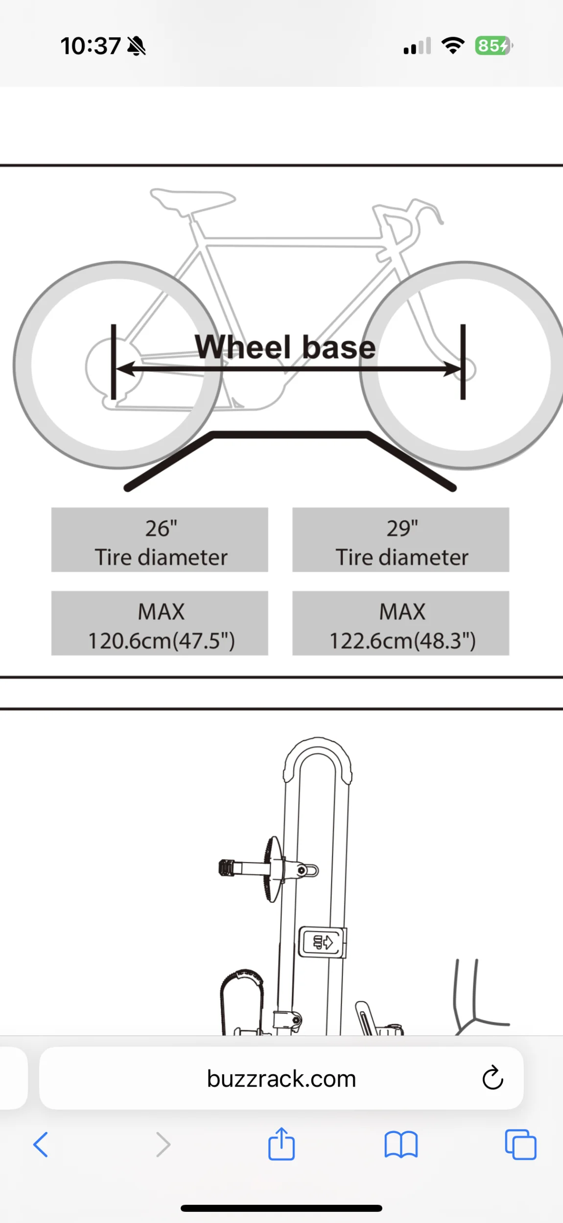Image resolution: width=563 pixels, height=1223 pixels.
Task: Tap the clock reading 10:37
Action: coord(90,46)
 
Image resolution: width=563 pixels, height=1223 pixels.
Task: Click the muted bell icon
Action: coord(137,46)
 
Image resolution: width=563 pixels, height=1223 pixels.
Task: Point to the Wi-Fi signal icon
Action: coord(453,45)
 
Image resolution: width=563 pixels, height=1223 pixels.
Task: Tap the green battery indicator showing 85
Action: coord(493,46)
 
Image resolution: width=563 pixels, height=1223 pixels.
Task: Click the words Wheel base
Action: coord(285,347)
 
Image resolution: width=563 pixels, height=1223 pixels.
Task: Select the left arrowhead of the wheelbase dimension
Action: coord(125,369)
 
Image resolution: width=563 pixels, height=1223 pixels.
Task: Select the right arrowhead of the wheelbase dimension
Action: coord(451,369)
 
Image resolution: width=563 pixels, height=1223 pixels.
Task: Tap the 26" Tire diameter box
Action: coord(160,540)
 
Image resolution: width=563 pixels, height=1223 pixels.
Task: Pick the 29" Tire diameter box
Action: coord(400,540)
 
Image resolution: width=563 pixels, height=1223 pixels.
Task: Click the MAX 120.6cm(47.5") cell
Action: coord(160,623)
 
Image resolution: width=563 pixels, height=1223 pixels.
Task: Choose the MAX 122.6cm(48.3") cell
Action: coord(400,623)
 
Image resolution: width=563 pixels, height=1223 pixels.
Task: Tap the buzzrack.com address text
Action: coord(281,1079)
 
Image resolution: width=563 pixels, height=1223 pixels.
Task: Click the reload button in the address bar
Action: coord(493,1078)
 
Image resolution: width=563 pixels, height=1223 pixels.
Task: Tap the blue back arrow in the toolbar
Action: coord(41,1145)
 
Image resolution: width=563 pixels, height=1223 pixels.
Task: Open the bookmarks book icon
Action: coord(401,1145)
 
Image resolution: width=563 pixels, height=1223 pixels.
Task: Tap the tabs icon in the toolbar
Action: coord(520,1145)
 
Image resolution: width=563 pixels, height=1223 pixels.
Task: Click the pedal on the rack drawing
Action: coord(227,868)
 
